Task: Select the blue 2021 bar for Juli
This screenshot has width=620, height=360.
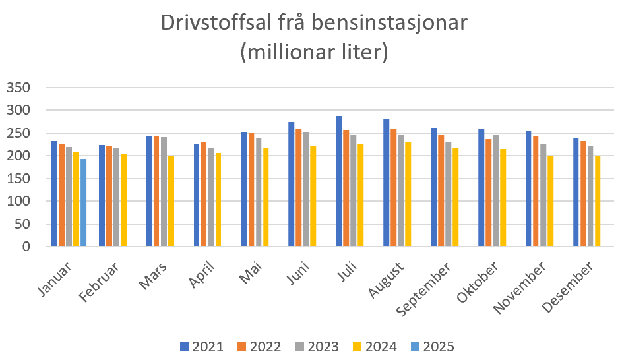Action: point(339,181)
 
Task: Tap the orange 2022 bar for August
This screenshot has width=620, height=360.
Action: point(394,187)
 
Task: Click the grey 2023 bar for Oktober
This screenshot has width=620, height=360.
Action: point(495,191)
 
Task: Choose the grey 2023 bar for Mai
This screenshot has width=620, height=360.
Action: point(259,192)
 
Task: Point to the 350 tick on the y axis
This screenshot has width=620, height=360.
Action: point(18,88)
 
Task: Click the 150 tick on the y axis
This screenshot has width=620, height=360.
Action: point(18,179)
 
